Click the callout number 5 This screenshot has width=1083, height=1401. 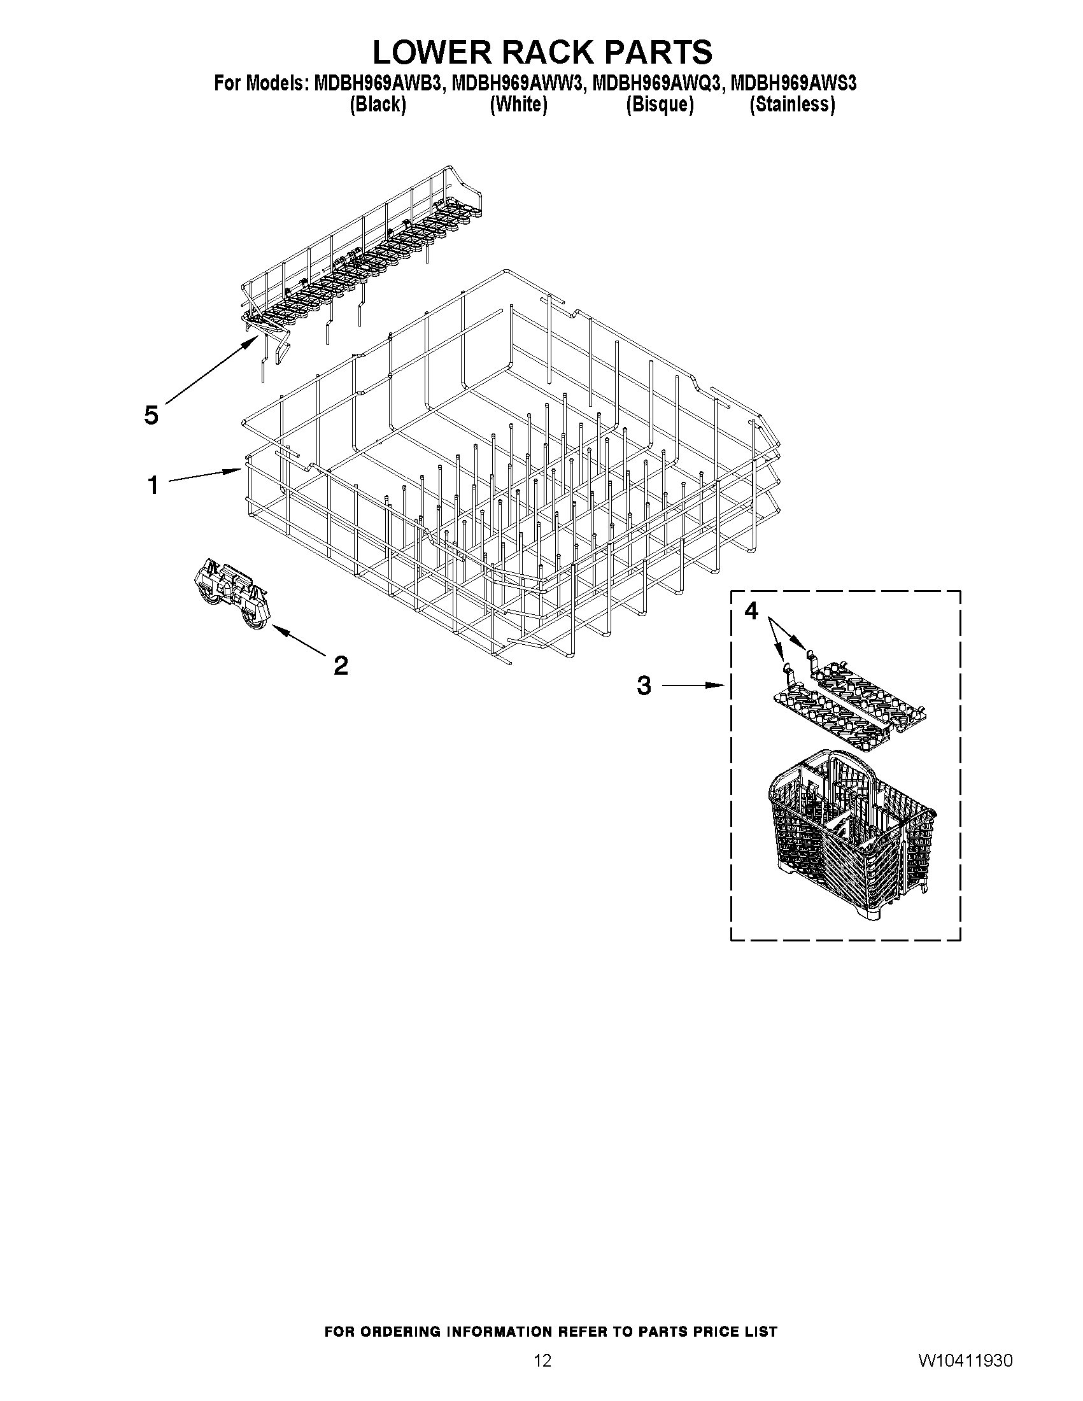click(x=151, y=416)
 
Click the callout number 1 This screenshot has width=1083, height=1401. click(x=153, y=485)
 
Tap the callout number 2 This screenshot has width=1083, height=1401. click(x=341, y=665)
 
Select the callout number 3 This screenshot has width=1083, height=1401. click(x=644, y=686)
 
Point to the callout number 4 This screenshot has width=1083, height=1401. click(x=751, y=611)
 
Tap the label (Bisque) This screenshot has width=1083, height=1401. click(x=660, y=104)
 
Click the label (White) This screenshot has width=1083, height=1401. click(x=518, y=104)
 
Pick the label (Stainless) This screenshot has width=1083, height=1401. click(x=793, y=104)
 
